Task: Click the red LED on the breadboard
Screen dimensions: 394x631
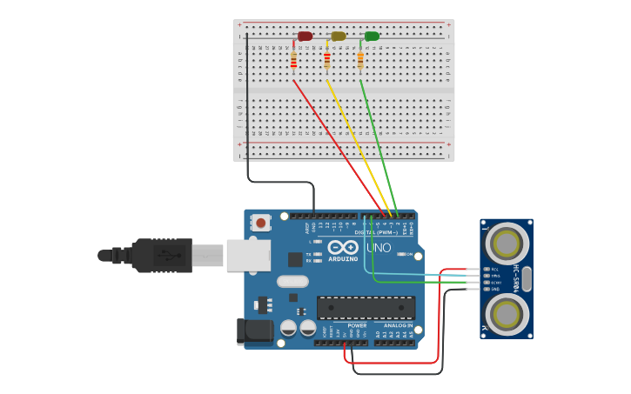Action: (305, 37)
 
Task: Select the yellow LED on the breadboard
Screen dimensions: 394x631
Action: (338, 37)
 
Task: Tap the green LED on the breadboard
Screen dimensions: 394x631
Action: (372, 37)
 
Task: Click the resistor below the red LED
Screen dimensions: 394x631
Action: (293, 60)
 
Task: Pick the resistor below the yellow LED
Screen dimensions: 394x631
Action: (327, 60)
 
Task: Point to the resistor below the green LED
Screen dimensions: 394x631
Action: (360, 60)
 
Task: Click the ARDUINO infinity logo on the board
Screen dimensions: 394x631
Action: (343, 248)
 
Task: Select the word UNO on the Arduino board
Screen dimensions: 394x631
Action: (378, 248)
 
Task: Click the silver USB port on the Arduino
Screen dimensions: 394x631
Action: (248, 256)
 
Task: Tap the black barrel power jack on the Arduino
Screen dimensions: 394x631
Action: (253, 331)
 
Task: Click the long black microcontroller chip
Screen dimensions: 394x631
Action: (366, 307)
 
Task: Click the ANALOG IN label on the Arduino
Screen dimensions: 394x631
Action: (398, 325)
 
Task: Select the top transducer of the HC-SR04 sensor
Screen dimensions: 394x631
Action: (507, 244)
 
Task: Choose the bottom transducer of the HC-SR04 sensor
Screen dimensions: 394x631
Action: (507, 313)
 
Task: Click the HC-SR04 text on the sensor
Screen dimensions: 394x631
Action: (516, 278)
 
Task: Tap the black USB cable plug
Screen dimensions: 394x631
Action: (161, 256)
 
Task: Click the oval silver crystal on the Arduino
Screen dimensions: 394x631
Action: (292, 281)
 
